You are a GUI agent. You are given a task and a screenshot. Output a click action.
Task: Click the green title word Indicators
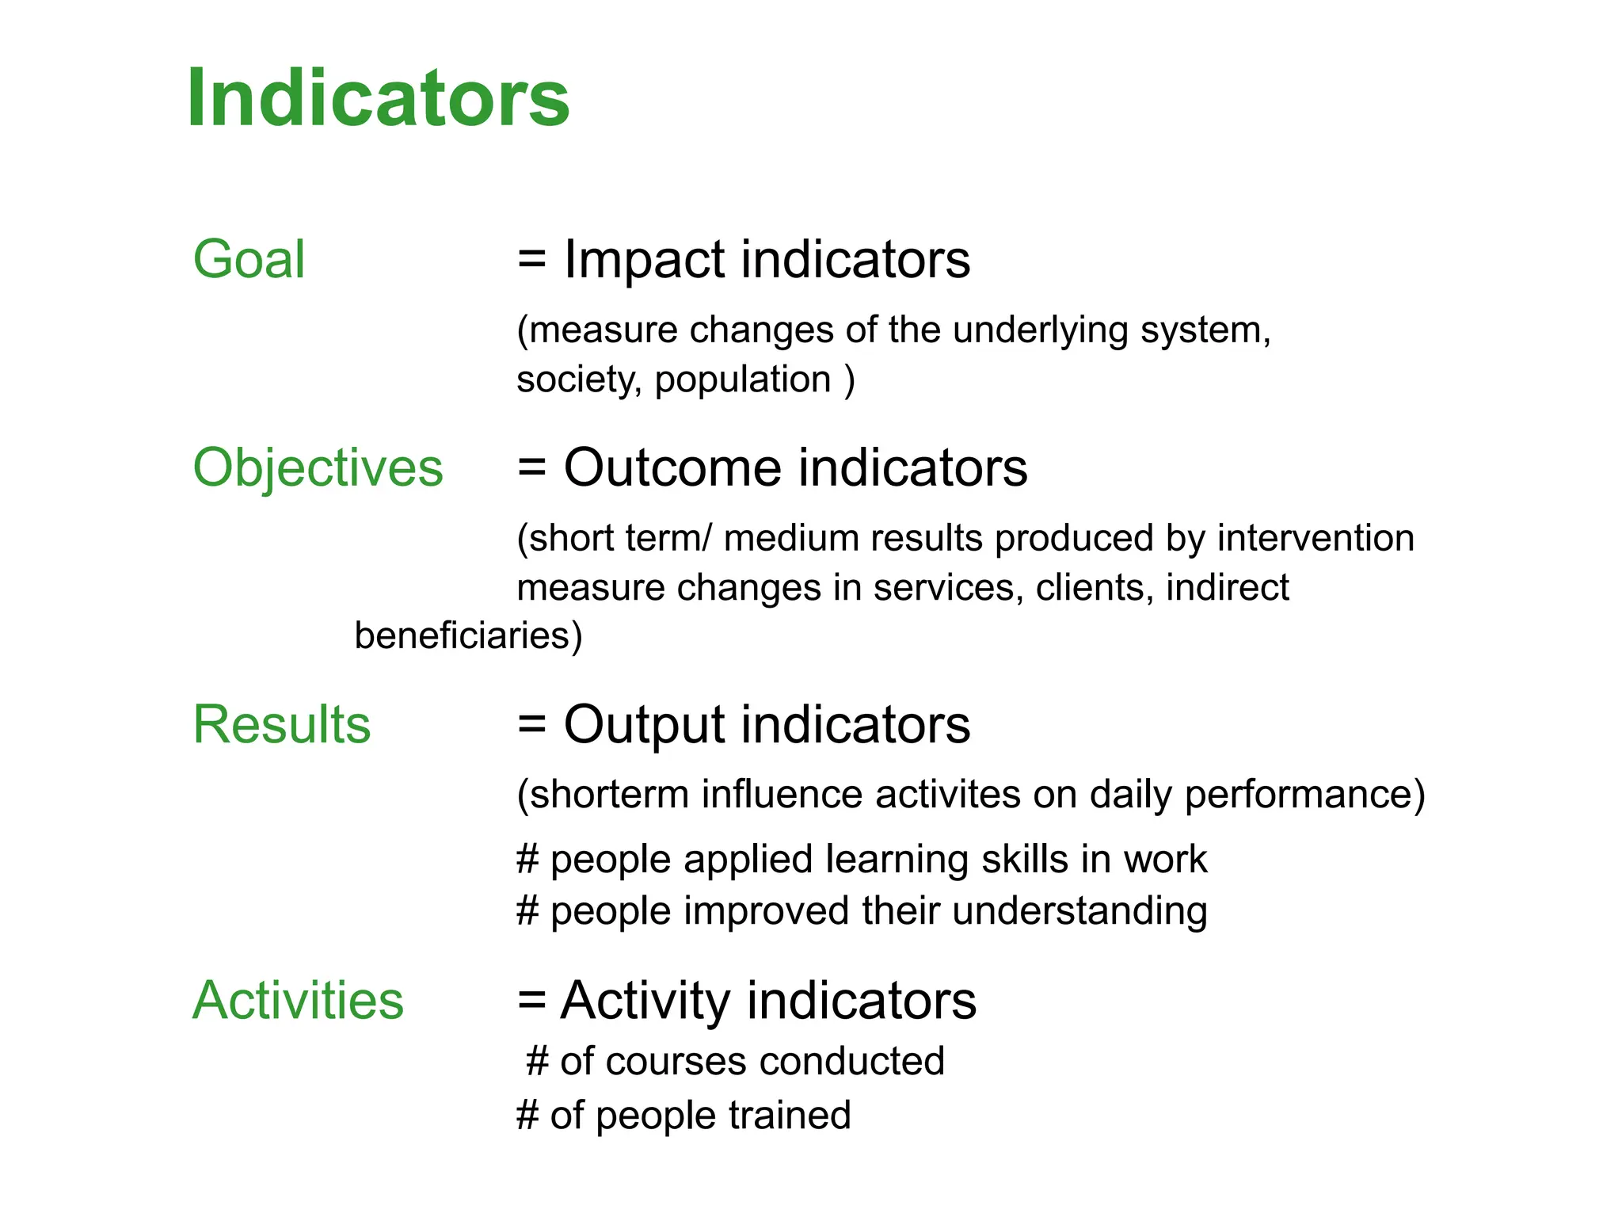tap(378, 97)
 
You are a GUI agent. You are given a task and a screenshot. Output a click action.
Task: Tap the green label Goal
tap(249, 259)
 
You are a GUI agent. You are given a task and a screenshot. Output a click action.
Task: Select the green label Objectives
tap(318, 467)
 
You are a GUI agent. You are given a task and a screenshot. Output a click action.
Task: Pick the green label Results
tap(281, 724)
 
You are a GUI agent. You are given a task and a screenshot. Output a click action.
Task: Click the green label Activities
tap(298, 1000)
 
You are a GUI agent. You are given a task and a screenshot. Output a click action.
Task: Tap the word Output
tap(644, 725)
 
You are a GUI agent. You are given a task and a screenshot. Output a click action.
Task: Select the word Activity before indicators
tap(645, 1001)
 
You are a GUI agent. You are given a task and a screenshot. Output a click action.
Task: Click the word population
tap(742, 379)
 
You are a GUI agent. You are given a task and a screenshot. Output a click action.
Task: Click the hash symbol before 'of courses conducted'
tap(537, 1061)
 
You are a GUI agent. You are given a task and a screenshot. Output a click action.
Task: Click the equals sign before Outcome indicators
tap(531, 467)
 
